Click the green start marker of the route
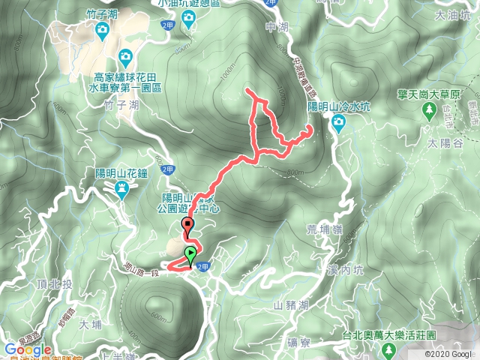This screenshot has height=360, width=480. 191,253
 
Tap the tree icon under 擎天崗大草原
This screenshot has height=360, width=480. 429,112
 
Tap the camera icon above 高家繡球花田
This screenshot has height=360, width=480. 124,56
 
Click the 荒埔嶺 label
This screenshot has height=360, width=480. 322,231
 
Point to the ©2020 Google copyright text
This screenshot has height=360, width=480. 448,354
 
